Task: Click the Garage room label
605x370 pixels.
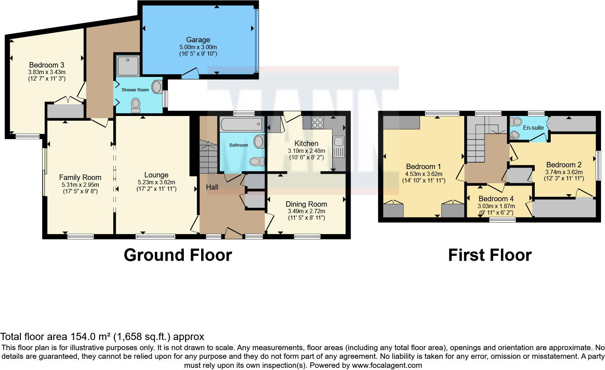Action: pos(198,40)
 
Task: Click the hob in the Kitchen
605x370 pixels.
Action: pos(317,122)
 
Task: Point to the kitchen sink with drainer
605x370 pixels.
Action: pos(339,147)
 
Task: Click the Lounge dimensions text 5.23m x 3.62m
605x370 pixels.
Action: pos(156,182)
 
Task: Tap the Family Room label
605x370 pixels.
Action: pos(80,177)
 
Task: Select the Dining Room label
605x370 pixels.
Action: pos(306,204)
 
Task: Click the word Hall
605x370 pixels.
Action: pos(212,187)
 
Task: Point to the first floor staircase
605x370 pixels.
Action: pos(476,145)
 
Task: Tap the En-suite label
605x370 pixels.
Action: pos(533,128)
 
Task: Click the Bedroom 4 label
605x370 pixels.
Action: pos(496,199)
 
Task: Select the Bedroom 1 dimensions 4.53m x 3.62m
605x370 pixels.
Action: pos(423,174)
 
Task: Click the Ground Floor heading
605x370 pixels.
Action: pos(178,255)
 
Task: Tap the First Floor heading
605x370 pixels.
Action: pos(490,255)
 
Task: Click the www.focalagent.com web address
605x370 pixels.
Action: pos(387,365)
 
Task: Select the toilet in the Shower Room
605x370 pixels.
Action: pos(136,105)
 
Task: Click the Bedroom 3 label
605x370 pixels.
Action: pos(47,65)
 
